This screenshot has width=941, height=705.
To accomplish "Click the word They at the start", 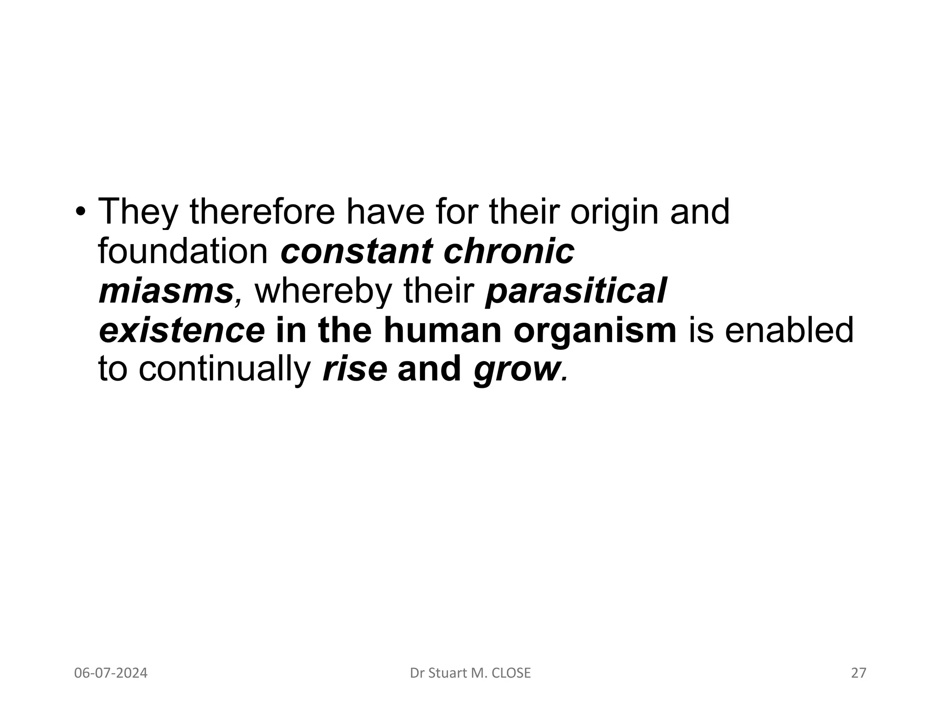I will point(137,212).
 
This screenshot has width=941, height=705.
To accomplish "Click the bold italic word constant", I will point(357,252).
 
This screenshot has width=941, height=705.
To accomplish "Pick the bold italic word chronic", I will point(509,252).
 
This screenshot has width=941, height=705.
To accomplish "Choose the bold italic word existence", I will point(182,330).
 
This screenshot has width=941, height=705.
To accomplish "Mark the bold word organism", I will point(595,331).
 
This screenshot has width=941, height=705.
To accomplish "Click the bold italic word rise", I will point(355,370).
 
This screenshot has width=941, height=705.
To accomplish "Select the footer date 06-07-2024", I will point(111,673).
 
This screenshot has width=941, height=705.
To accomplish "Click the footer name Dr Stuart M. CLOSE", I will point(470,673).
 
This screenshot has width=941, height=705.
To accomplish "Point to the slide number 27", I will point(858,673).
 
